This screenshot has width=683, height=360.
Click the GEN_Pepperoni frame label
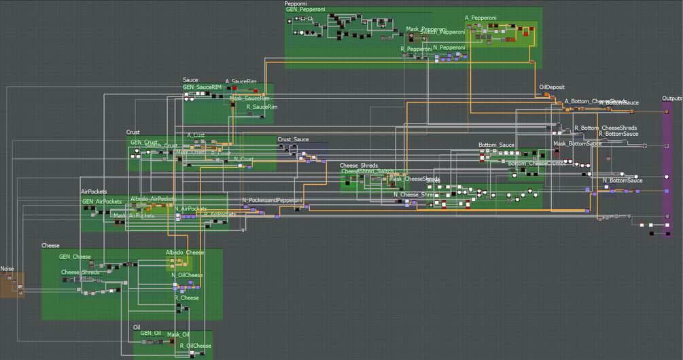[306, 10]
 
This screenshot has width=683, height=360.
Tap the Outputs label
[671, 98]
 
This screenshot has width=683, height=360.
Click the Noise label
[7, 269]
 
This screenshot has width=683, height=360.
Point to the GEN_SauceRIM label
[202, 87]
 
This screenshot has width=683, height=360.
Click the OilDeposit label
[552, 88]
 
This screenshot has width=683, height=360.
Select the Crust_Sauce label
[293, 139]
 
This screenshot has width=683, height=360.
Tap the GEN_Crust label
[143, 143]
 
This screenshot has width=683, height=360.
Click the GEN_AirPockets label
[102, 202]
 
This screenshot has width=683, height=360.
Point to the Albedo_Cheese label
[184, 253]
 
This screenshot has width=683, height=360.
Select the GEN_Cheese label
[75, 257]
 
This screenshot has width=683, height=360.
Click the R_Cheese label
[186, 298]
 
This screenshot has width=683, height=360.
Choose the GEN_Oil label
[151, 333]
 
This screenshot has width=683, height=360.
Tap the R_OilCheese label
[196, 346]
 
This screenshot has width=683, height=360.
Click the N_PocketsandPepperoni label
[272, 200]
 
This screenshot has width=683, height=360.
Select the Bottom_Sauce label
[496, 145]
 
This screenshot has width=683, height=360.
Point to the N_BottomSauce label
[623, 181]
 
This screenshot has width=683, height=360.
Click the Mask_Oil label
[178, 334]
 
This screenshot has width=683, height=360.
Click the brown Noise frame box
[12, 285]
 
